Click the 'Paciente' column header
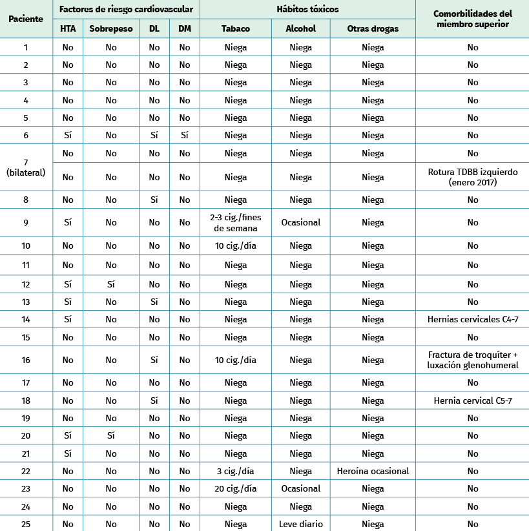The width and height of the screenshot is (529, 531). click(x=26, y=19)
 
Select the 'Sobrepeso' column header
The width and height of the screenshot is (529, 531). click(x=111, y=28)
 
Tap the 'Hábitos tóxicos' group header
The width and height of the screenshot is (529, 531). click(x=308, y=10)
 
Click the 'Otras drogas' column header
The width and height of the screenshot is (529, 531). click(x=373, y=28)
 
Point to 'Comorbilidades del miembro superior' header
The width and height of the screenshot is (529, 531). click(x=472, y=19)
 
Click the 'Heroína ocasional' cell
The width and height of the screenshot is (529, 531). click(x=373, y=471)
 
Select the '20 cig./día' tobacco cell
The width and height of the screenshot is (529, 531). click(x=236, y=488)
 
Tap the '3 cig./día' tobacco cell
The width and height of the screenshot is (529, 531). click(x=236, y=471)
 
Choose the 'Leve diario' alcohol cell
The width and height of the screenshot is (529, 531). click(x=300, y=524)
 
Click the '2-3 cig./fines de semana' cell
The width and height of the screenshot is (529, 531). click(x=236, y=222)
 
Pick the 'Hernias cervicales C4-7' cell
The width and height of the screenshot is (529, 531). click(x=472, y=319)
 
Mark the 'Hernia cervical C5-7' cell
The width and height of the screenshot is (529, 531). click(x=472, y=401)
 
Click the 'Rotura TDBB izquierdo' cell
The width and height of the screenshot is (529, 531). click(x=472, y=177)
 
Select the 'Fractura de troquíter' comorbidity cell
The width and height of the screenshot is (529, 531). click(x=472, y=360)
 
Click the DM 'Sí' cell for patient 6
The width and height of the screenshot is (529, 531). click(x=185, y=136)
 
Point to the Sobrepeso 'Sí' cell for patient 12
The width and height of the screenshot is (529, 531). click(x=111, y=284)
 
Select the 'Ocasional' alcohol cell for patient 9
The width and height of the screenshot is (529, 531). click(x=300, y=222)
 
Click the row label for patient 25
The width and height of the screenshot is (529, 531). click(x=26, y=524)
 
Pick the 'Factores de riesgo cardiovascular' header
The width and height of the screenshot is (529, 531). click(x=126, y=10)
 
